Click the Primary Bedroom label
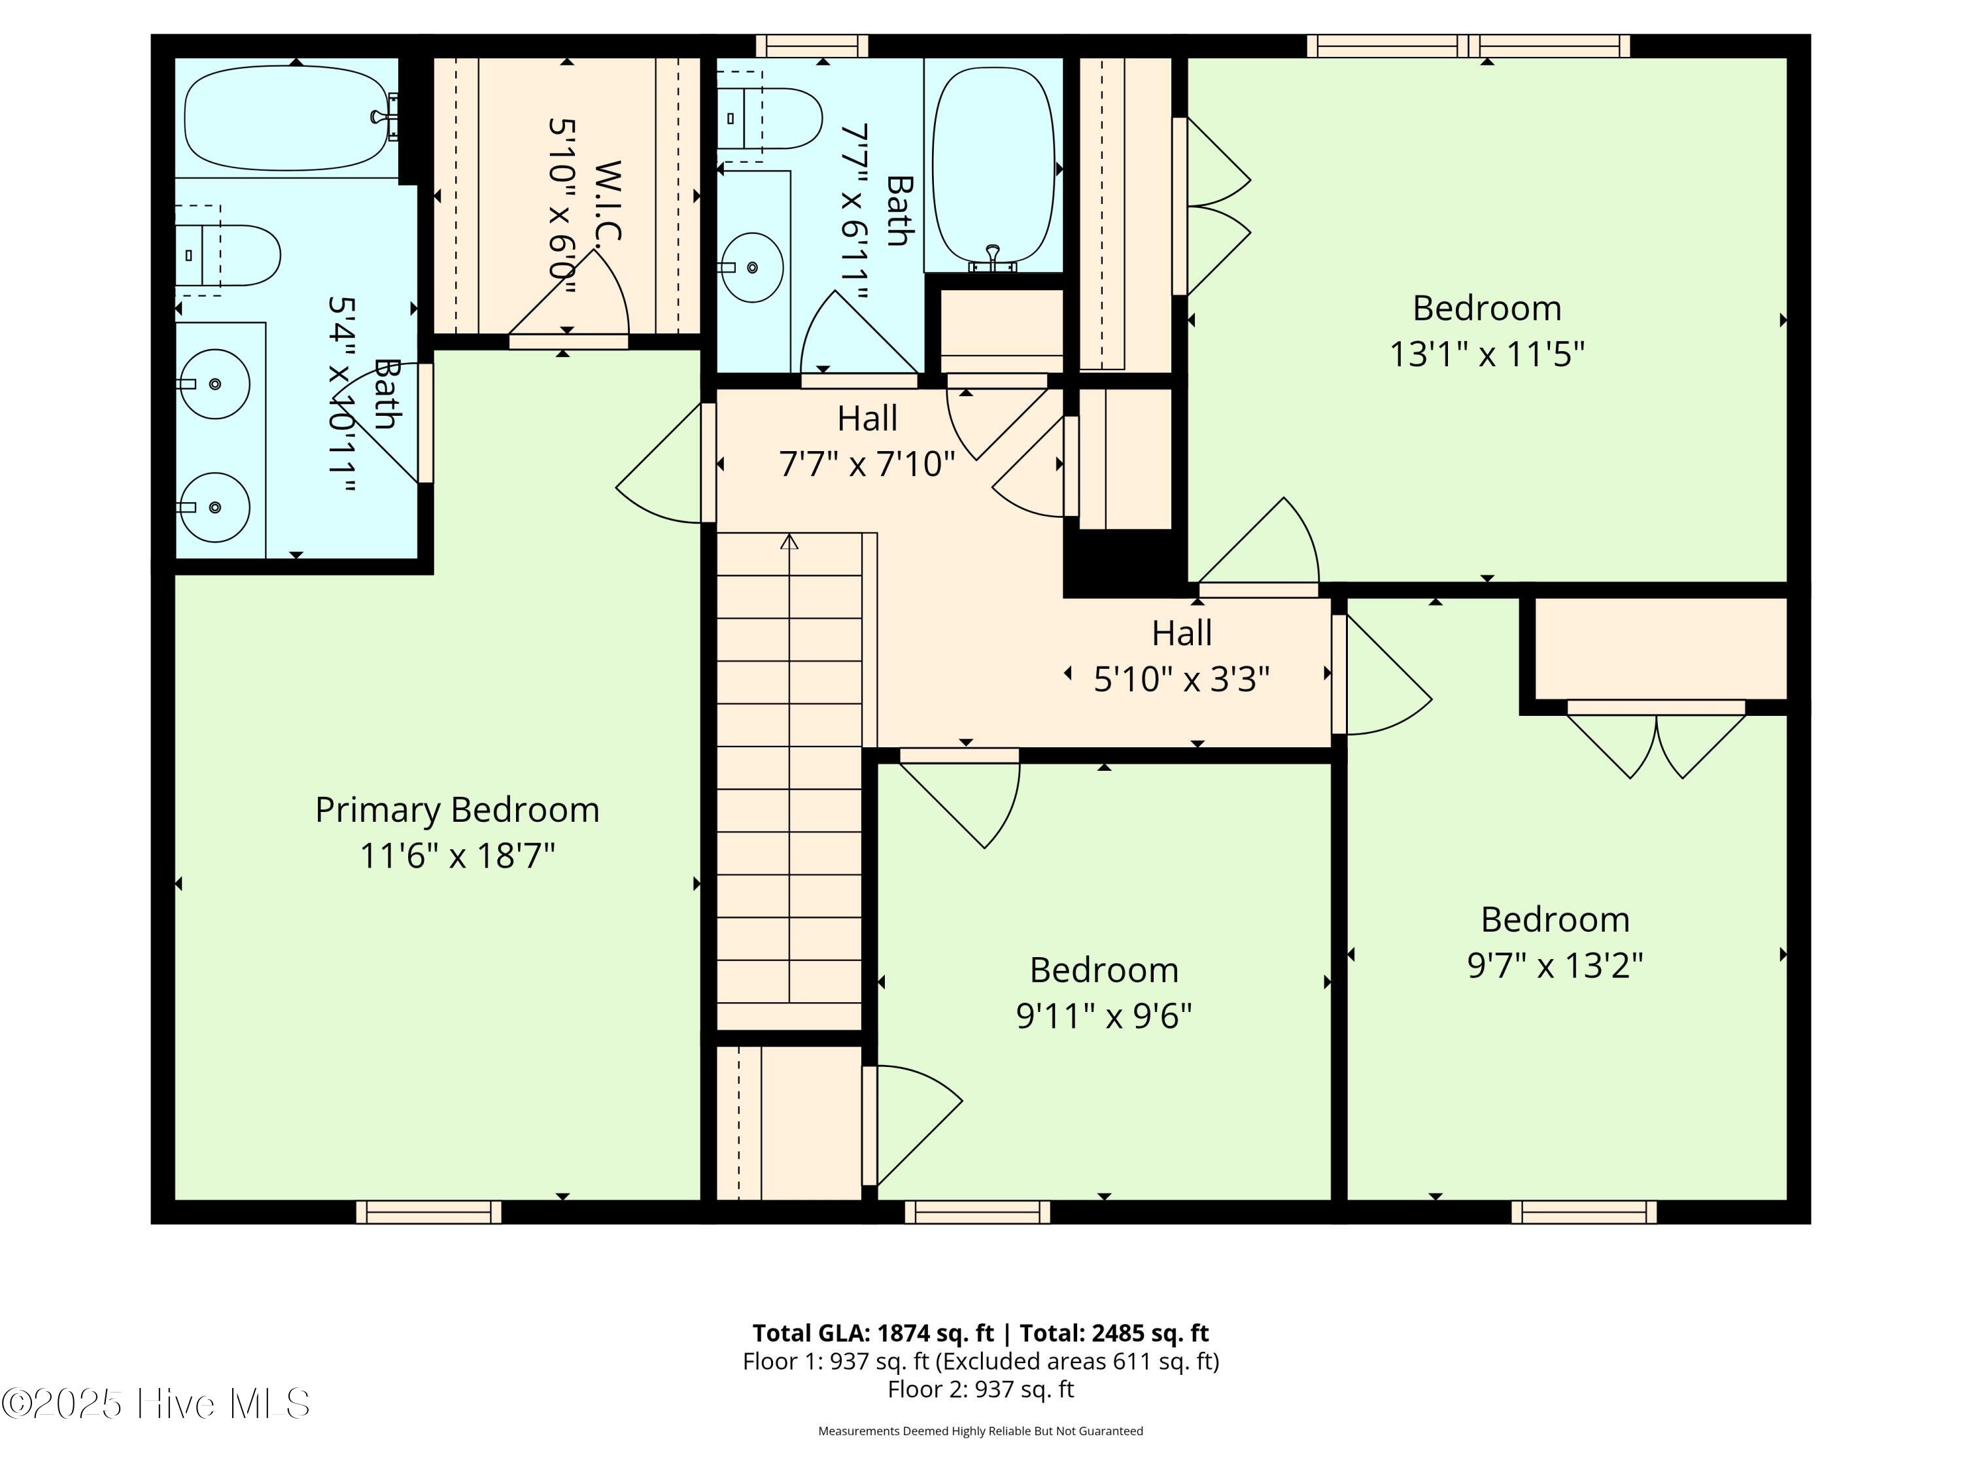(x=456, y=809)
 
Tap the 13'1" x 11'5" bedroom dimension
(x=1487, y=354)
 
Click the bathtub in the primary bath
(x=286, y=118)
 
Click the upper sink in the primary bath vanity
(x=214, y=384)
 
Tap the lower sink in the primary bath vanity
(x=214, y=507)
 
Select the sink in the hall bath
(x=751, y=267)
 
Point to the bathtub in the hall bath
(x=994, y=165)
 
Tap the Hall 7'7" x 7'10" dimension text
(x=867, y=464)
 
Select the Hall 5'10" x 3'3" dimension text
(x=1182, y=679)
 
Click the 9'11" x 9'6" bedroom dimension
(x=1103, y=1015)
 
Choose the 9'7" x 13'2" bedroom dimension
(x=1555, y=965)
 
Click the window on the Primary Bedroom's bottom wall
(x=428, y=1211)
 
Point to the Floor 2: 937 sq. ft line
(x=980, y=1389)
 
